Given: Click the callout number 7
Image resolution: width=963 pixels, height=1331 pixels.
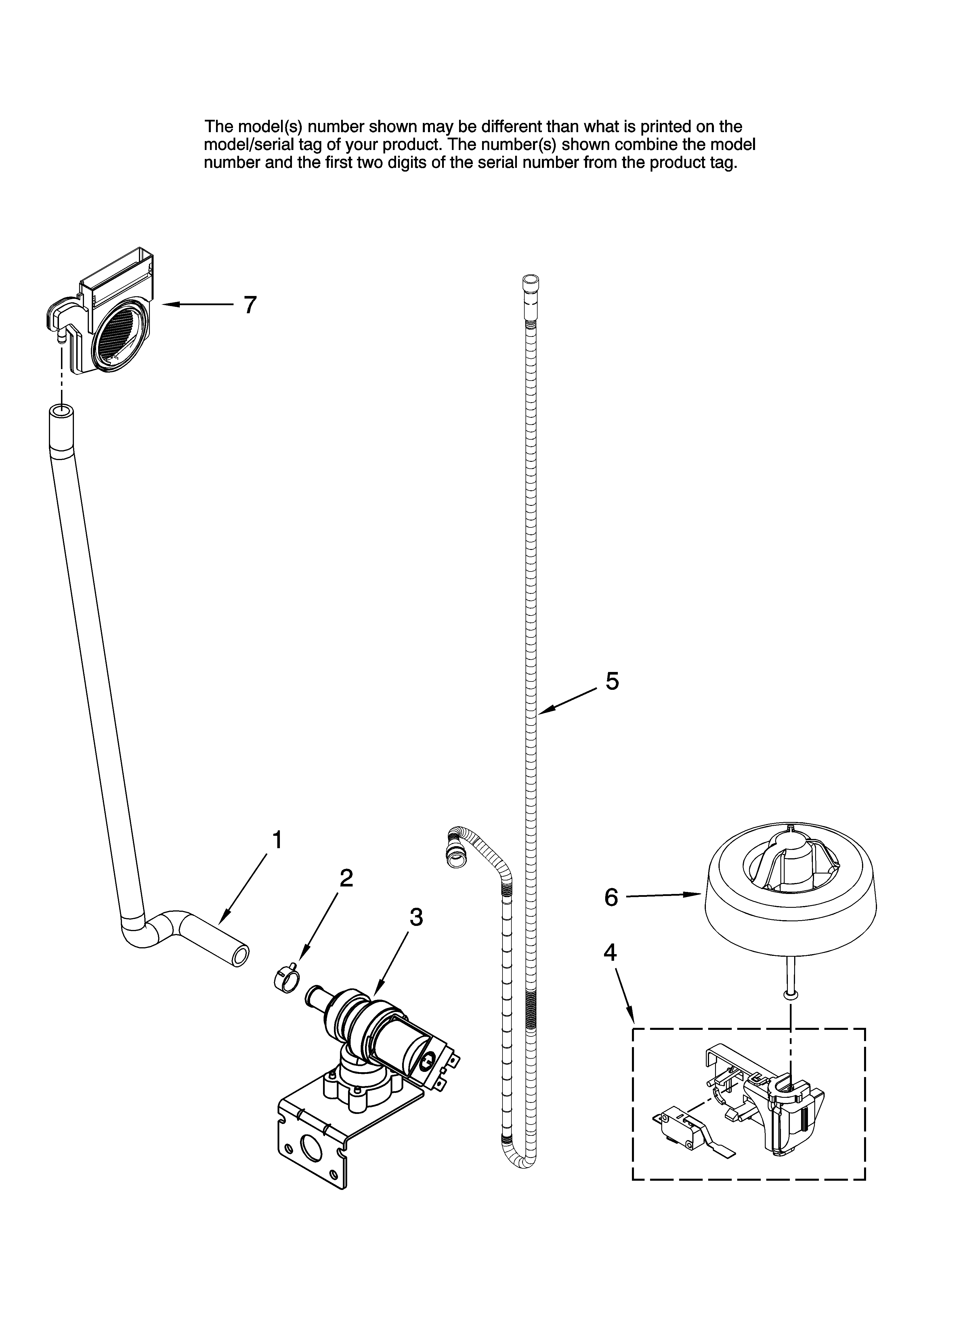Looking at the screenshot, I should coord(250,305).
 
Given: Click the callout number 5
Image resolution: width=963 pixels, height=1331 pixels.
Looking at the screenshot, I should coord(612,681).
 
